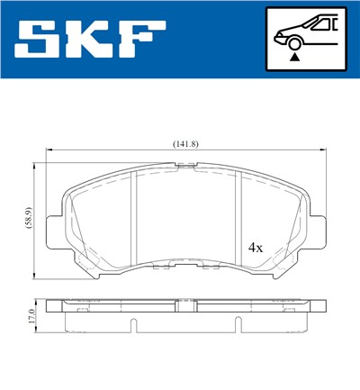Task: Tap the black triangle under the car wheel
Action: pos(293,56)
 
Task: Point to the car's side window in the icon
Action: pos(321,24)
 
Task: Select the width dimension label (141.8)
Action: pos(186,143)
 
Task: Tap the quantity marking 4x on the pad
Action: pos(255,246)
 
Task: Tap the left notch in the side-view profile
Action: pos(132,325)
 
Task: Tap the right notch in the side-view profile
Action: pos(239,325)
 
